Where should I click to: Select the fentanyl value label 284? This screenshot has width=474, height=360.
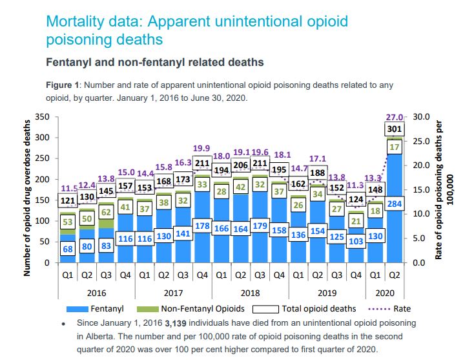pos(395,204)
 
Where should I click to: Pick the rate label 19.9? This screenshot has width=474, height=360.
pos(201,149)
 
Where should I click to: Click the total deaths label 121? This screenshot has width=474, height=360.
pos(68,200)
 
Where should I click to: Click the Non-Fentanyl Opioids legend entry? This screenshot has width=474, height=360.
pos(194,308)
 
